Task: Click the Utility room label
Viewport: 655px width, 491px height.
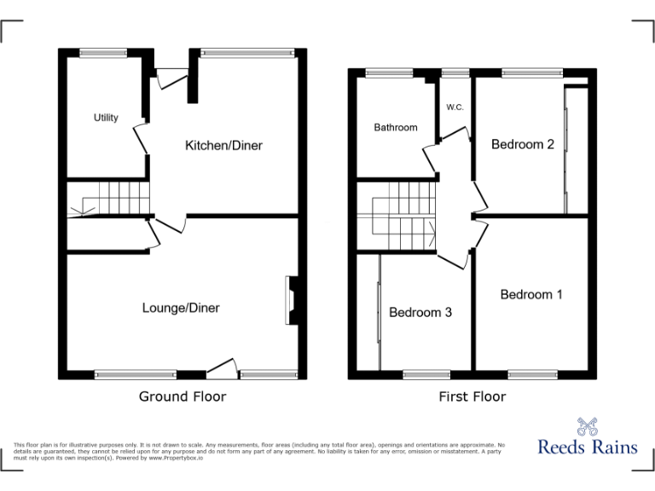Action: click(x=106, y=118)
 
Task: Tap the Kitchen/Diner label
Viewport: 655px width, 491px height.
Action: click(x=223, y=146)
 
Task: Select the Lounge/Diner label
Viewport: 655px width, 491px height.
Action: click(x=181, y=308)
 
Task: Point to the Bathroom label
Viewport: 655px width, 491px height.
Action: click(x=396, y=128)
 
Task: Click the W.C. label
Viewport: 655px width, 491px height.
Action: click(x=455, y=107)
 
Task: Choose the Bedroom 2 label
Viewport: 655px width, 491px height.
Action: click(x=523, y=145)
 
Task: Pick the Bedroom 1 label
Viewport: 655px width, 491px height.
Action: click(x=531, y=295)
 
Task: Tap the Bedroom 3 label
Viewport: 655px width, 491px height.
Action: click(x=420, y=313)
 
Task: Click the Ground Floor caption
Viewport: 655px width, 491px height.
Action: click(x=183, y=396)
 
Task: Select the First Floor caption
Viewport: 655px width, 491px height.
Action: click(x=472, y=396)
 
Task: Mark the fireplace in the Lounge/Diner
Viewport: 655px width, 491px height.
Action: click(x=291, y=300)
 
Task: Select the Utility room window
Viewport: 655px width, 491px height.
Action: click(x=103, y=53)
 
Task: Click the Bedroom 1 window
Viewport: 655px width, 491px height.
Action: click(x=531, y=373)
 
